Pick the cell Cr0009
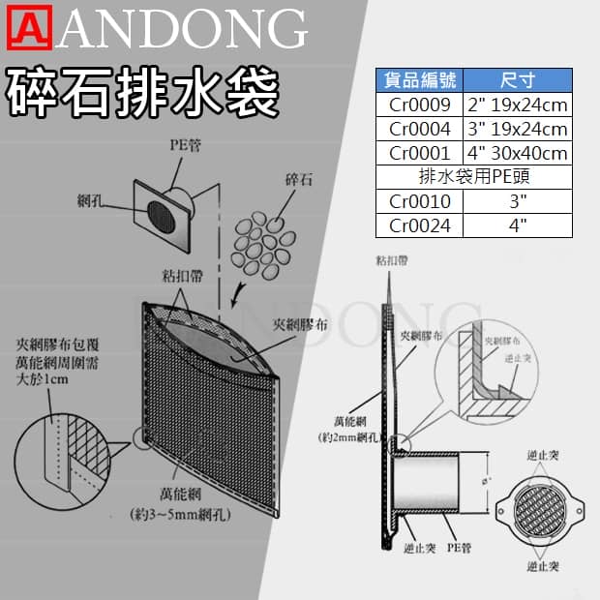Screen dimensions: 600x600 click(421, 105)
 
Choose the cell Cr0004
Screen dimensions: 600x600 click(421, 129)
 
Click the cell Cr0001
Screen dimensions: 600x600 click(421, 153)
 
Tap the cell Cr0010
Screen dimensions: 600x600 click(421, 201)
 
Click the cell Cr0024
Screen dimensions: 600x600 click(421, 225)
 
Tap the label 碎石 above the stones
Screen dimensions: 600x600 click(298, 180)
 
